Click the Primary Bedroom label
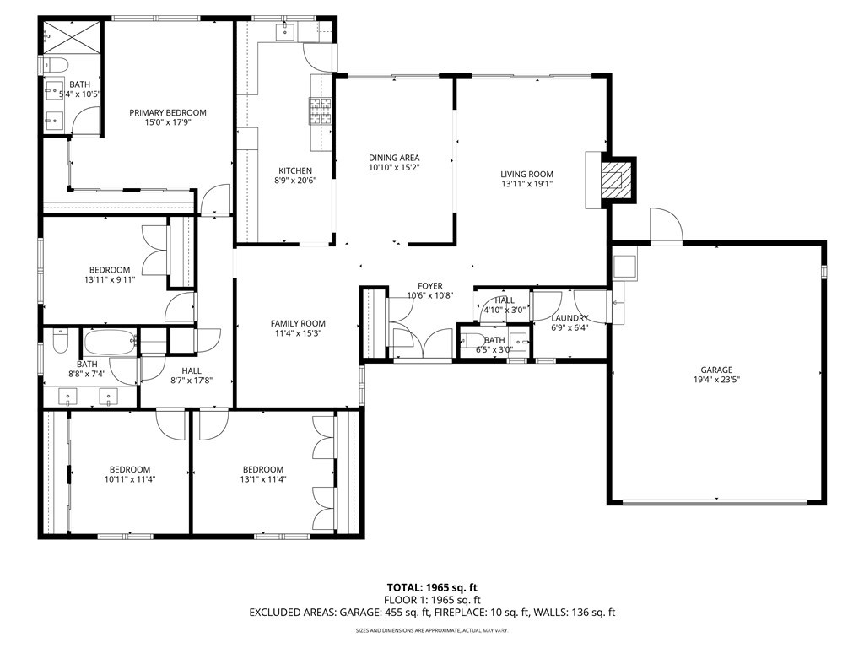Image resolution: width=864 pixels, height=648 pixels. pyautogui.click(x=167, y=113)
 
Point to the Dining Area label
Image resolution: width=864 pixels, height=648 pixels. pyautogui.click(x=394, y=158)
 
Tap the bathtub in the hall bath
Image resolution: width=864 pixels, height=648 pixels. pyautogui.click(x=109, y=343)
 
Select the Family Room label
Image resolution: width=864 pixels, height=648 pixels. pyautogui.click(x=297, y=323)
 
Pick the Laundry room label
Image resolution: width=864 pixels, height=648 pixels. pyautogui.click(x=569, y=318)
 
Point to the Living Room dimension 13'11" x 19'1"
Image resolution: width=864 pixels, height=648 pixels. pyautogui.click(x=526, y=186)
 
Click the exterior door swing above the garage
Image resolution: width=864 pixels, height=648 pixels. pyautogui.click(x=667, y=225)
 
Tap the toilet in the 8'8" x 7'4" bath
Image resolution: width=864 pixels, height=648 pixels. pyautogui.click(x=58, y=342)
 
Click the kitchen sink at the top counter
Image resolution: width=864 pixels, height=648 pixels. pyautogui.click(x=285, y=31)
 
